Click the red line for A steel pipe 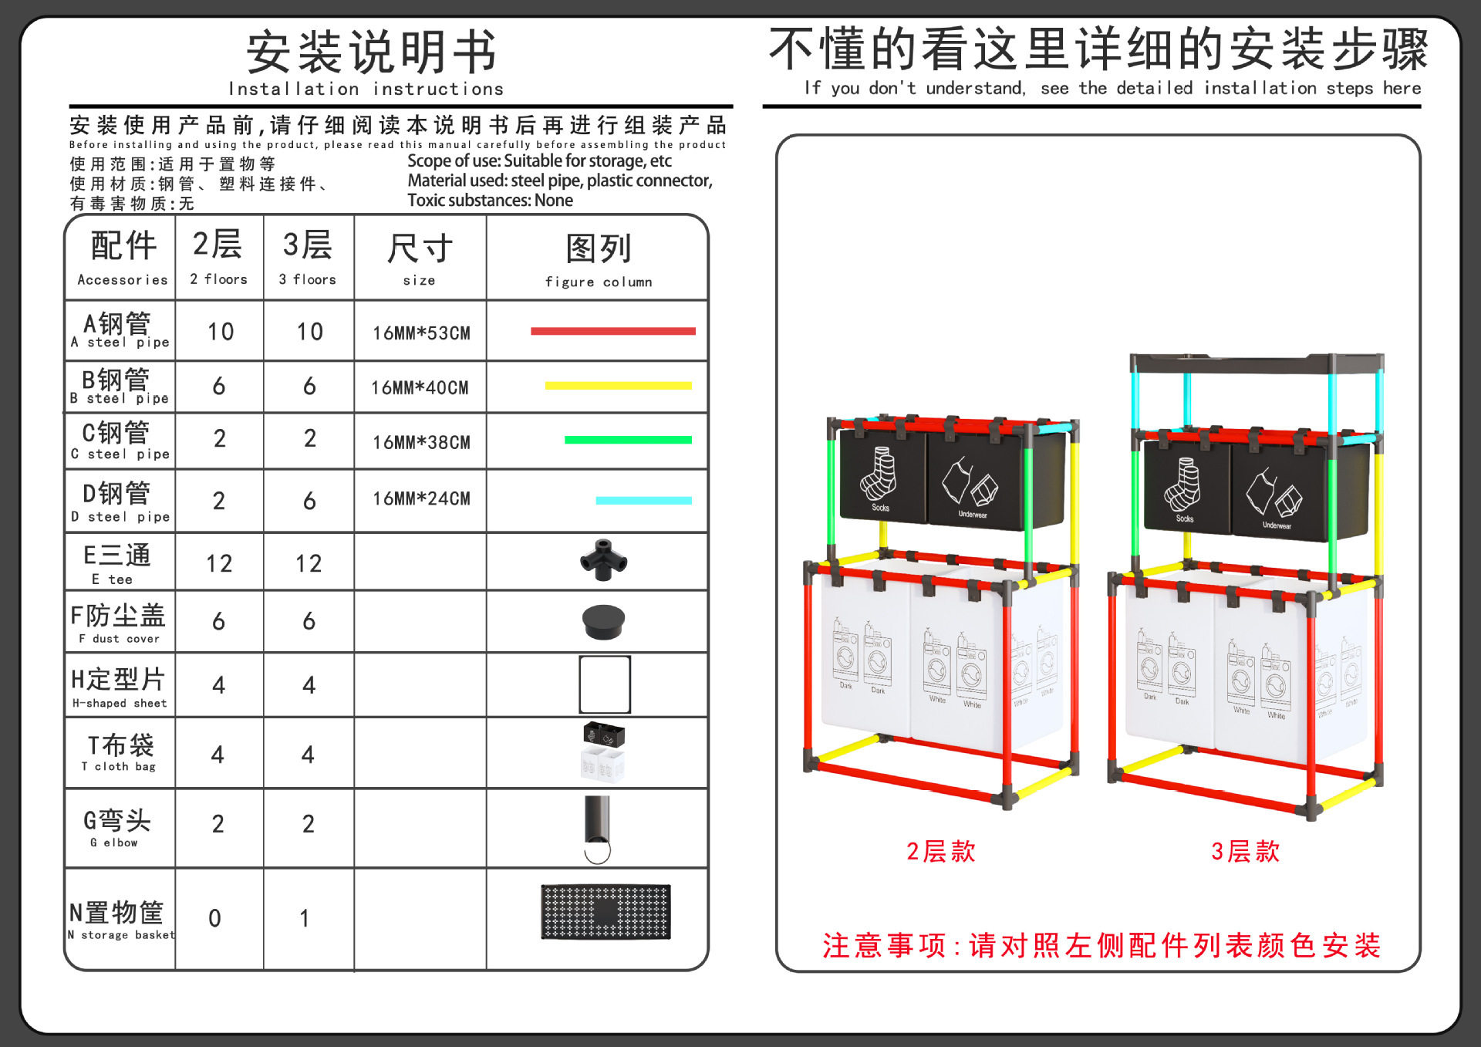coord(612,331)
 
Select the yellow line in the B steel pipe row coord(618,386)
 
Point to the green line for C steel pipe coord(628,440)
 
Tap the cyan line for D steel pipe coord(643,501)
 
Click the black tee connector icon coord(603,559)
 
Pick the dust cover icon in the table coord(603,621)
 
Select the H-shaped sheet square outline coord(605,684)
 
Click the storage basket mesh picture coord(606,911)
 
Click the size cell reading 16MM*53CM coord(421,333)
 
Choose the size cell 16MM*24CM coord(421,499)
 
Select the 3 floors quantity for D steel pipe coord(309,502)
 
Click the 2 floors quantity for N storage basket coord(215,918)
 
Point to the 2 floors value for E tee coord(219,564)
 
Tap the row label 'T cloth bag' coord(120,752)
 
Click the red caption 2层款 coord(940,852)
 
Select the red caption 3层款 coord(1245,852)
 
